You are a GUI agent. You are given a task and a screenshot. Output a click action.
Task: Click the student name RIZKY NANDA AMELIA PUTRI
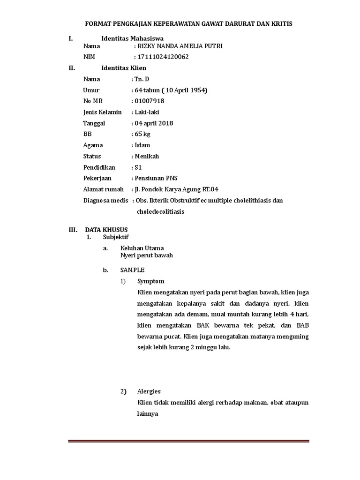coord(180,46)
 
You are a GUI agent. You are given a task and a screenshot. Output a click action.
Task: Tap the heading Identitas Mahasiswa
coord(133,38)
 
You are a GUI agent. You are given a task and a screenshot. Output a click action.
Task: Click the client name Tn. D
coord(141,79)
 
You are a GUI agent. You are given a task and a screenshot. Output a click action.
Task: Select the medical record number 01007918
coord(150,101)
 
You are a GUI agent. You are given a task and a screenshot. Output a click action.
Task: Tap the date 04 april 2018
coord(154,123)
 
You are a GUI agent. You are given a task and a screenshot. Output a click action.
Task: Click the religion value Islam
coord(142,145)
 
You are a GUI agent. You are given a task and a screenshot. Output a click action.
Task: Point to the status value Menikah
coord(147,156)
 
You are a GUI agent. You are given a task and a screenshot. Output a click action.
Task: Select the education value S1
coord(138,167)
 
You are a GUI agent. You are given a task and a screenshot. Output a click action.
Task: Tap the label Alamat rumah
coord(104,189)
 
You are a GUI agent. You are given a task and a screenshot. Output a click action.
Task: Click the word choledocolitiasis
coord(160,211)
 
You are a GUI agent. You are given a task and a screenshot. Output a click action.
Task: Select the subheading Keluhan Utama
coord(142,248)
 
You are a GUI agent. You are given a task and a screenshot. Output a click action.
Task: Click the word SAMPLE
coord(132,270)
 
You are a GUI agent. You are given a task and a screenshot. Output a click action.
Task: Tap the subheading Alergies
coord(149,391)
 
